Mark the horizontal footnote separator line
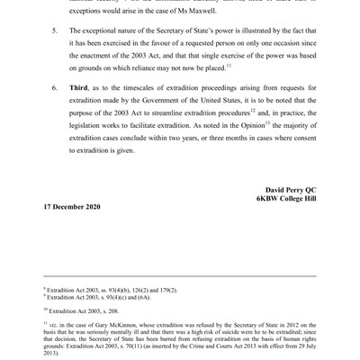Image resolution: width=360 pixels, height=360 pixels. (x=180, y=275)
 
